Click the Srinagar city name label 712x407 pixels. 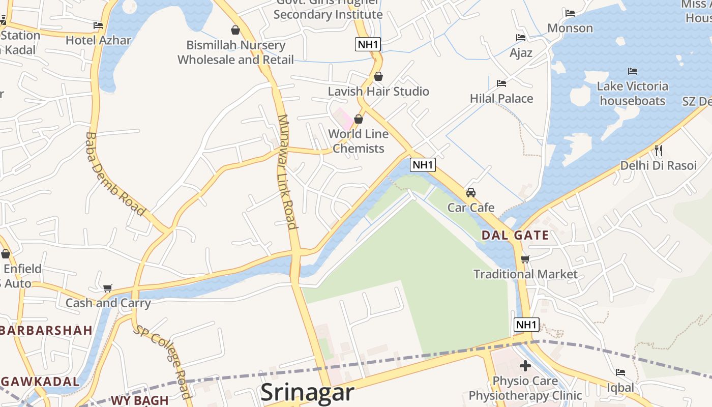[x=307, y=392]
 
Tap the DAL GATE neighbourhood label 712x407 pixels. [x=515, y=235]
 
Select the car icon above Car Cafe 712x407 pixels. [x=471, y=193]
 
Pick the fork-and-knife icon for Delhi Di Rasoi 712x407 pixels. [x=659, y=150]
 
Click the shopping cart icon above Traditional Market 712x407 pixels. [x=525, y=259]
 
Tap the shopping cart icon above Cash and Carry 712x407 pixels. [x=107, y=288]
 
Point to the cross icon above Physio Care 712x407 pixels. [x=525, y=366]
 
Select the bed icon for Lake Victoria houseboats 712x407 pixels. [x=633, y=71]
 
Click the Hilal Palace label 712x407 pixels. [x=501, y=98]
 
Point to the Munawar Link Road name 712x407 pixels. [x=287, y=172]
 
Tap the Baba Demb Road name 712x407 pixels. [x=115, y=175]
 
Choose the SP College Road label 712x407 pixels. [x=163, y=361]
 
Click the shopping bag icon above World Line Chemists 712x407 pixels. [x=359, y=120]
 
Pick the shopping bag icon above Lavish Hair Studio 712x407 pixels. [x=378, y=76]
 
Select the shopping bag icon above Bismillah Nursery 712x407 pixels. [x=235, y=30]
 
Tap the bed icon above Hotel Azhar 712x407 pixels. [x=98, y=25]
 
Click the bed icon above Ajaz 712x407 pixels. [x=521, y=38]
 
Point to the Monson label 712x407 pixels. [x=570, y=28]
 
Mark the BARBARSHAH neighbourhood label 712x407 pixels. [x=46, y=330]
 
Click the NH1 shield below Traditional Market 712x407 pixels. [x=526, y=325]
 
